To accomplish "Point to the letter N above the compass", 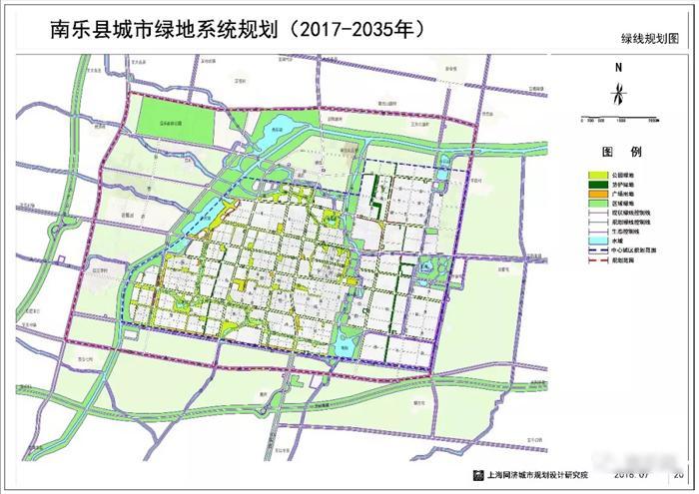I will tap(620, 67).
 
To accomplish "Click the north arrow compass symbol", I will tap(620, 96).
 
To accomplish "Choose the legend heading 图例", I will tap(620, 153).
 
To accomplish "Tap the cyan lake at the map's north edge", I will tap(279, 126).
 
